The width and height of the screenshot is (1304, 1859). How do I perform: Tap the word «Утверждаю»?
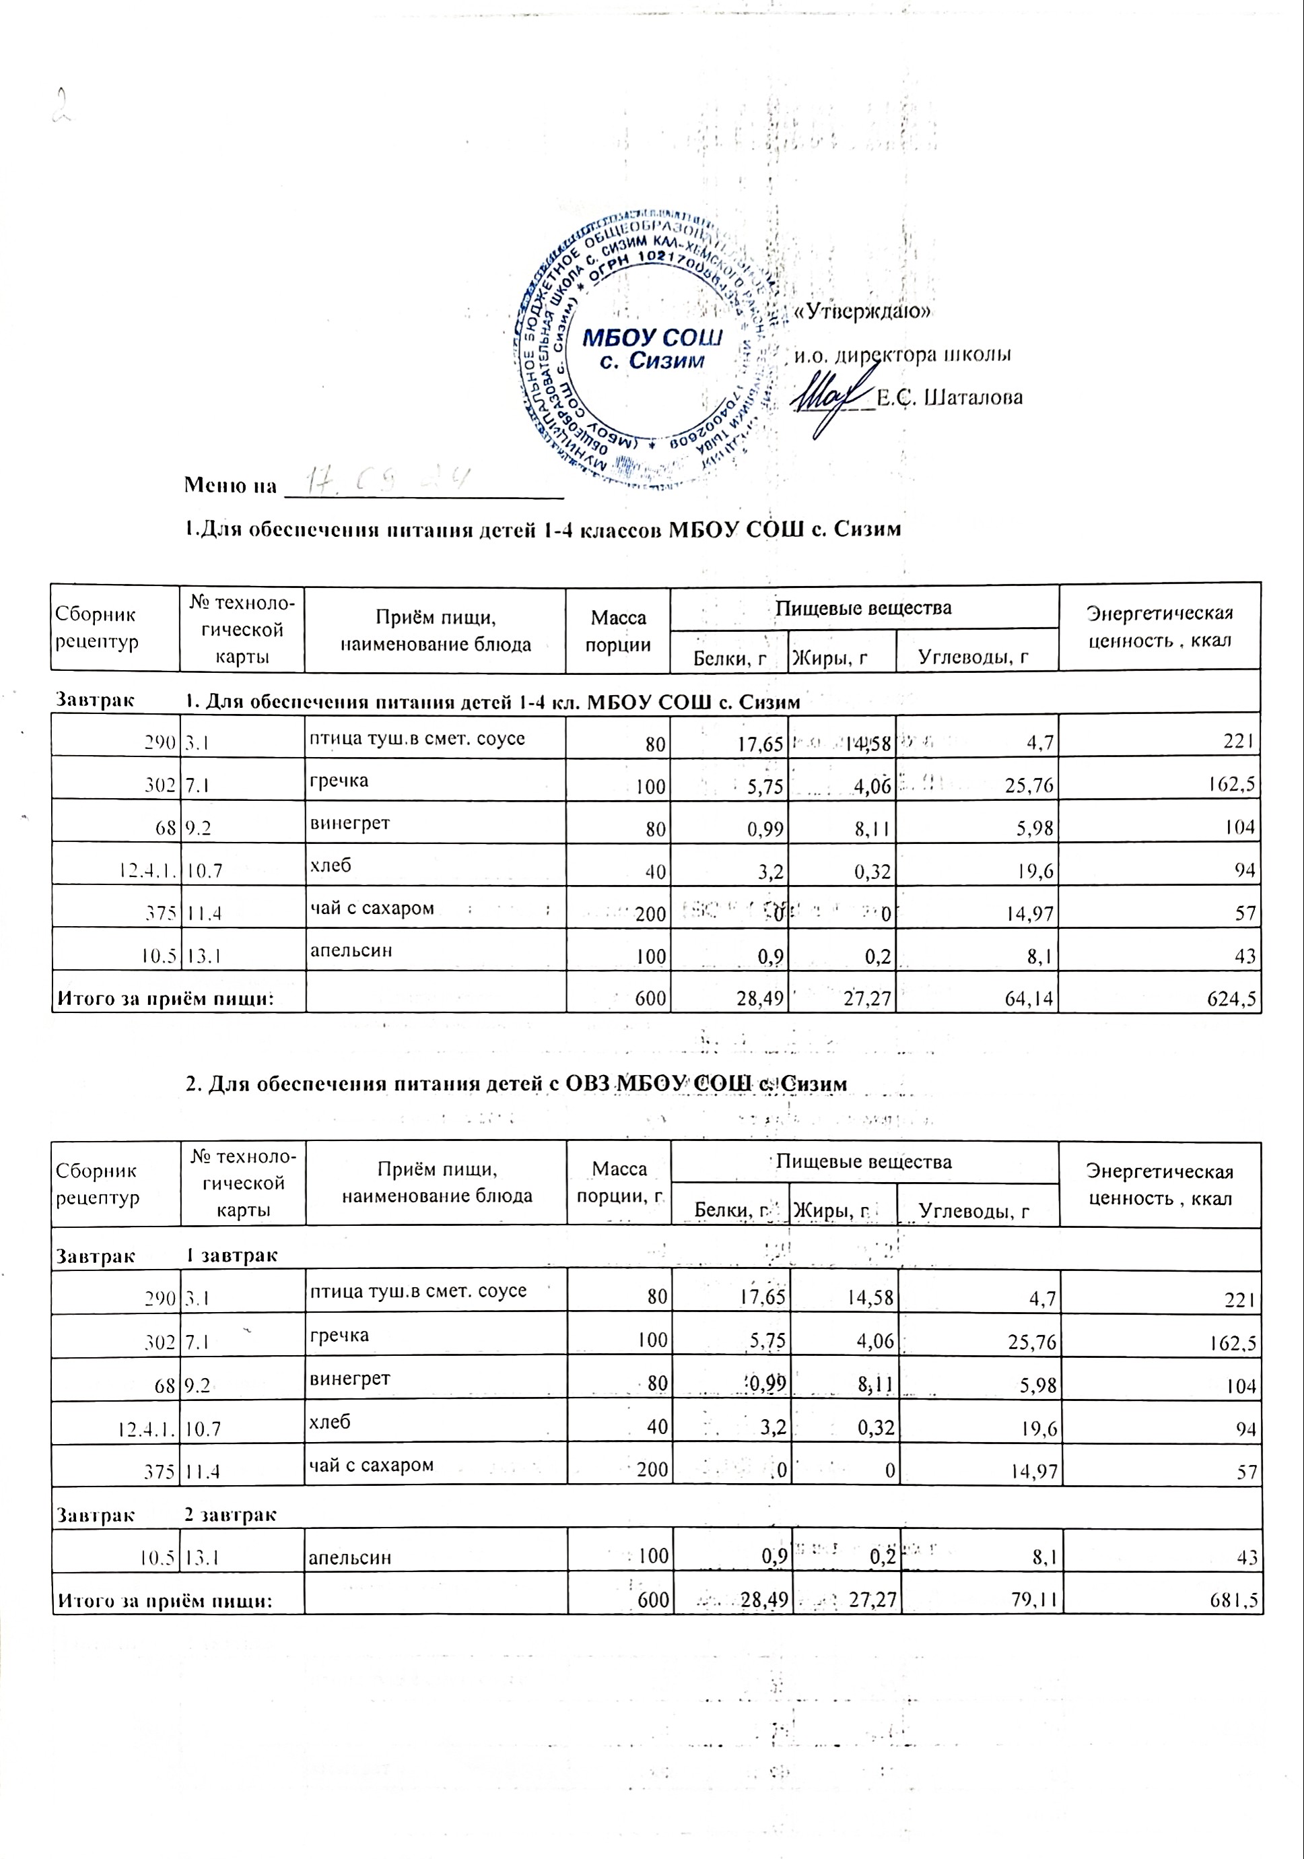click(x=864, y=312)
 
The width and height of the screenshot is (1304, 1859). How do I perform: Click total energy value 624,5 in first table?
click(x=1231, y=999)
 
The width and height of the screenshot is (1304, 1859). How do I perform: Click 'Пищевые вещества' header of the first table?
click(x=863, y=608)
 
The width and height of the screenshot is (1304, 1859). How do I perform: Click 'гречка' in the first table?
click(x=339, y=781)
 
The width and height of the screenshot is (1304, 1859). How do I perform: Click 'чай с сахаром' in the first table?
click(x=372, y=908)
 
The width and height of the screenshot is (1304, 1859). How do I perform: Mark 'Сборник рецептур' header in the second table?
click(x=97, y=1183)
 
